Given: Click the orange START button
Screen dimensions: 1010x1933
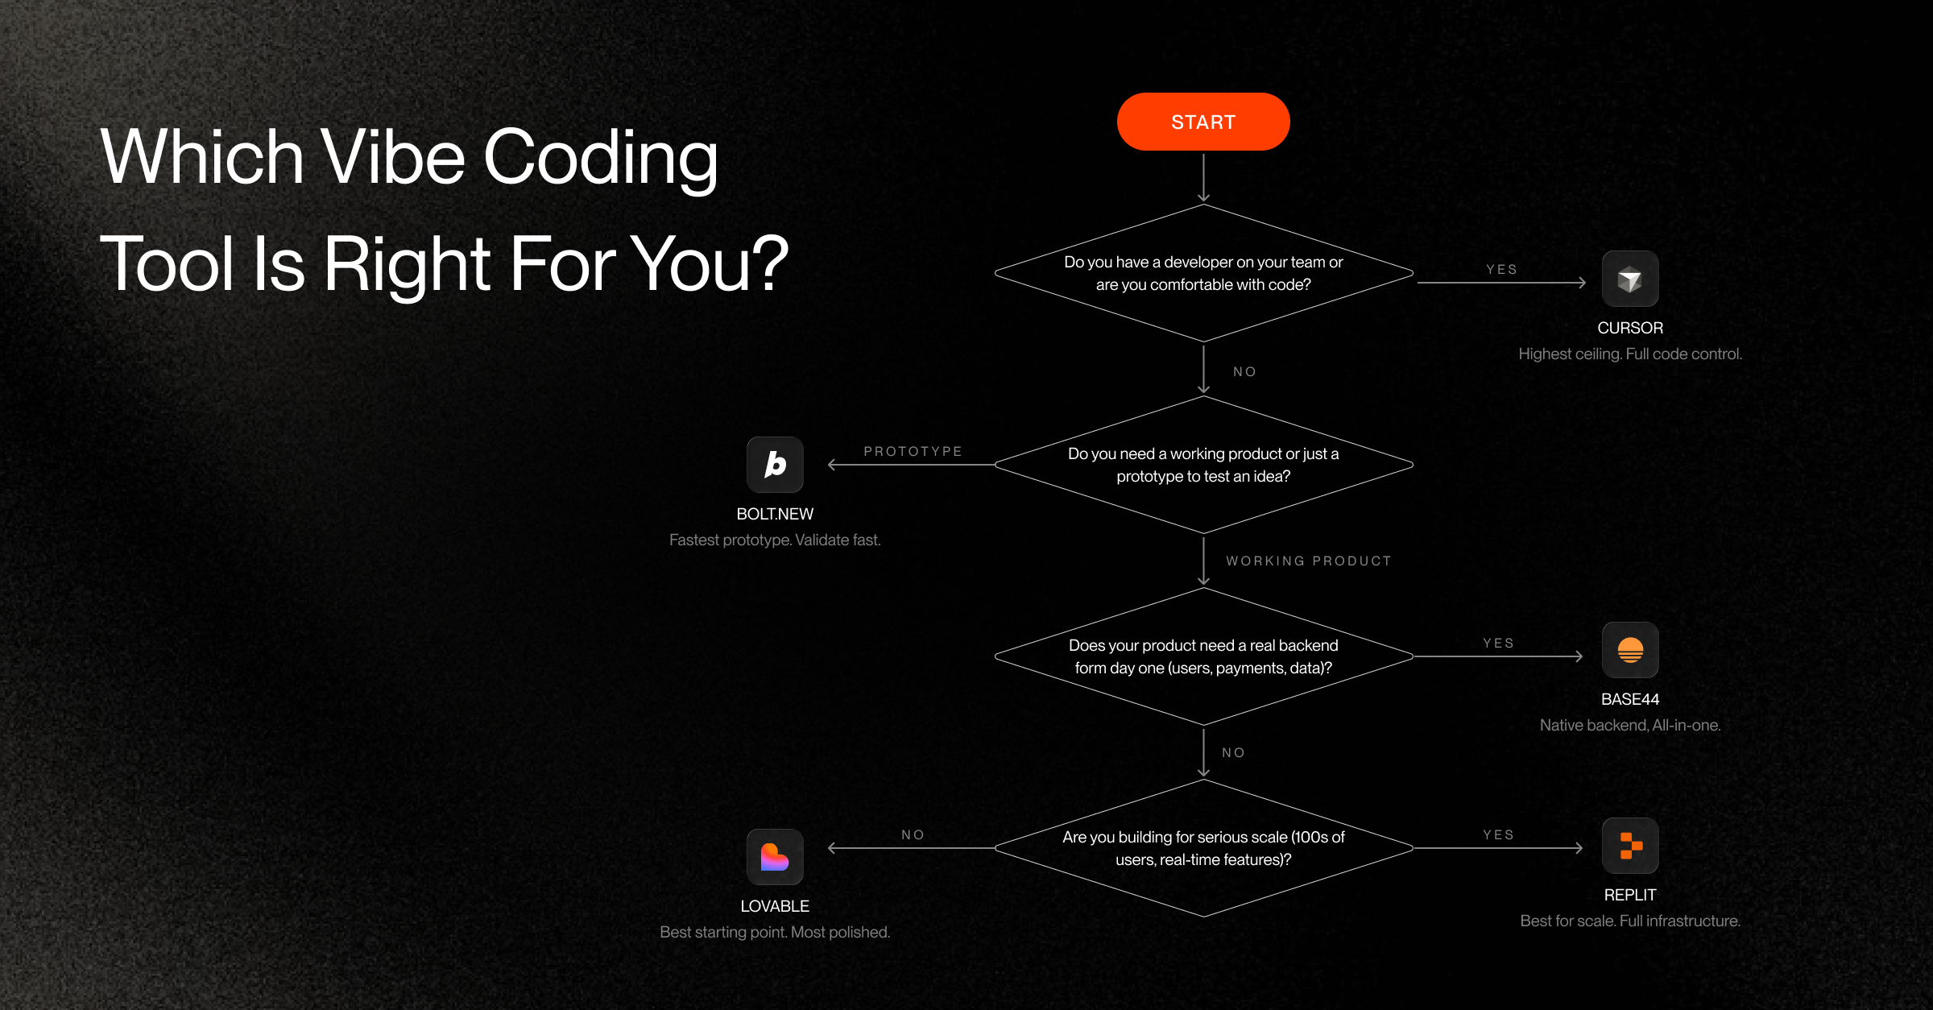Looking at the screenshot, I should coord(1203,122).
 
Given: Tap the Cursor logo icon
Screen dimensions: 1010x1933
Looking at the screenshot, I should coord(1629,279).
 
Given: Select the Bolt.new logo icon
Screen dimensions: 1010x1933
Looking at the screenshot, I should coord(775,465).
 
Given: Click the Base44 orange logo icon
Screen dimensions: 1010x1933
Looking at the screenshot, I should coord(1630,650).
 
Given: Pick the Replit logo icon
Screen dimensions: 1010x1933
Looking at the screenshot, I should coord(1630,846).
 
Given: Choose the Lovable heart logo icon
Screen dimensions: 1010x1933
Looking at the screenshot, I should coord(775,857).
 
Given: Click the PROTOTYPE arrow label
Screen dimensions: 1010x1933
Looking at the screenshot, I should coord(913,451).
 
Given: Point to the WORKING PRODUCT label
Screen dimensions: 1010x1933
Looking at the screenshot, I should coord(1308,561).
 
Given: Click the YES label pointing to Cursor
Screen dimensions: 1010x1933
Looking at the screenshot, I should coord(1501,269).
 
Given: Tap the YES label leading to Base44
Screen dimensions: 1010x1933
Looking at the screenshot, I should coord(1498,643).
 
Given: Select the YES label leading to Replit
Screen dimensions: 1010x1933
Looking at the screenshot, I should coord(1498,834).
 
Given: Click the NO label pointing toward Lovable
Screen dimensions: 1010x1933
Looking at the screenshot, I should coord(913,834).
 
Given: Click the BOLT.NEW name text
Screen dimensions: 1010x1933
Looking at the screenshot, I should coord(775,514).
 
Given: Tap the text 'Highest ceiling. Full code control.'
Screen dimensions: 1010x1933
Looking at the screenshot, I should coord(1629,354).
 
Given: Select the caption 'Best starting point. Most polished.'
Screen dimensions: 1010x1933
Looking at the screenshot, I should coord(775,932).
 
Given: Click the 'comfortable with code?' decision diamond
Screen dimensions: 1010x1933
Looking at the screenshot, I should coord(1203,273).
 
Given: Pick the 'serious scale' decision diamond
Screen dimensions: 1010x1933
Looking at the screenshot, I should coord(1203,848).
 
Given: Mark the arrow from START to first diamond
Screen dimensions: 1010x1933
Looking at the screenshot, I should coord(1203,176).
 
